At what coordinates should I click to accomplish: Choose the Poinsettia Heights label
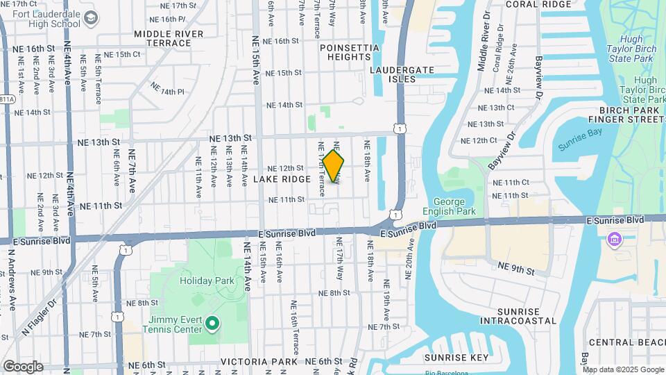[350, 53]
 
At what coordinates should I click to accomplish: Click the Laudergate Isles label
[402, 74]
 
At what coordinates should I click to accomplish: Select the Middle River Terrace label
[169, 38]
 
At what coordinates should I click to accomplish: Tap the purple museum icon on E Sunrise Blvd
[613, 240]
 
